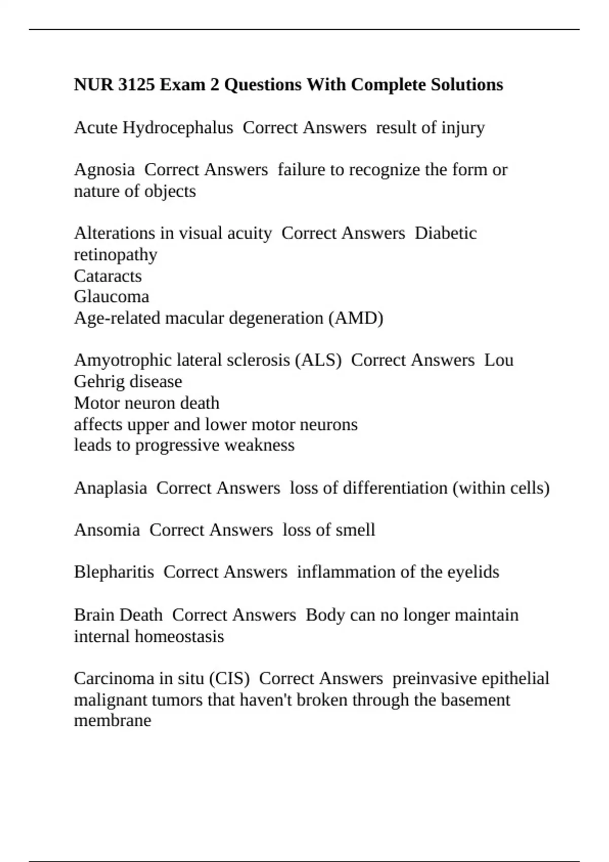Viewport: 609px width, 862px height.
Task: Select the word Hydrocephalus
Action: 178,128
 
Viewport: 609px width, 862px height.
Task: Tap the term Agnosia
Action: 104,170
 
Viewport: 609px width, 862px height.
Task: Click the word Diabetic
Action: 446,233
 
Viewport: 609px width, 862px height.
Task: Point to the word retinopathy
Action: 115,255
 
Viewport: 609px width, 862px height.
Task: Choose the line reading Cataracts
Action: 108,276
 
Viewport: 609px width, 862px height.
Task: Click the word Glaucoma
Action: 111,297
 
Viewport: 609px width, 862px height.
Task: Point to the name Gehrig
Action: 97,381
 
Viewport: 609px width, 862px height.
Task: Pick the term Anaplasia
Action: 110,488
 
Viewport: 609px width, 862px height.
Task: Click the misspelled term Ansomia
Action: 107,530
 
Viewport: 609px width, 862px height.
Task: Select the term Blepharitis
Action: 114,572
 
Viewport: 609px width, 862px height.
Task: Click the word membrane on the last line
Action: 112,721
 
